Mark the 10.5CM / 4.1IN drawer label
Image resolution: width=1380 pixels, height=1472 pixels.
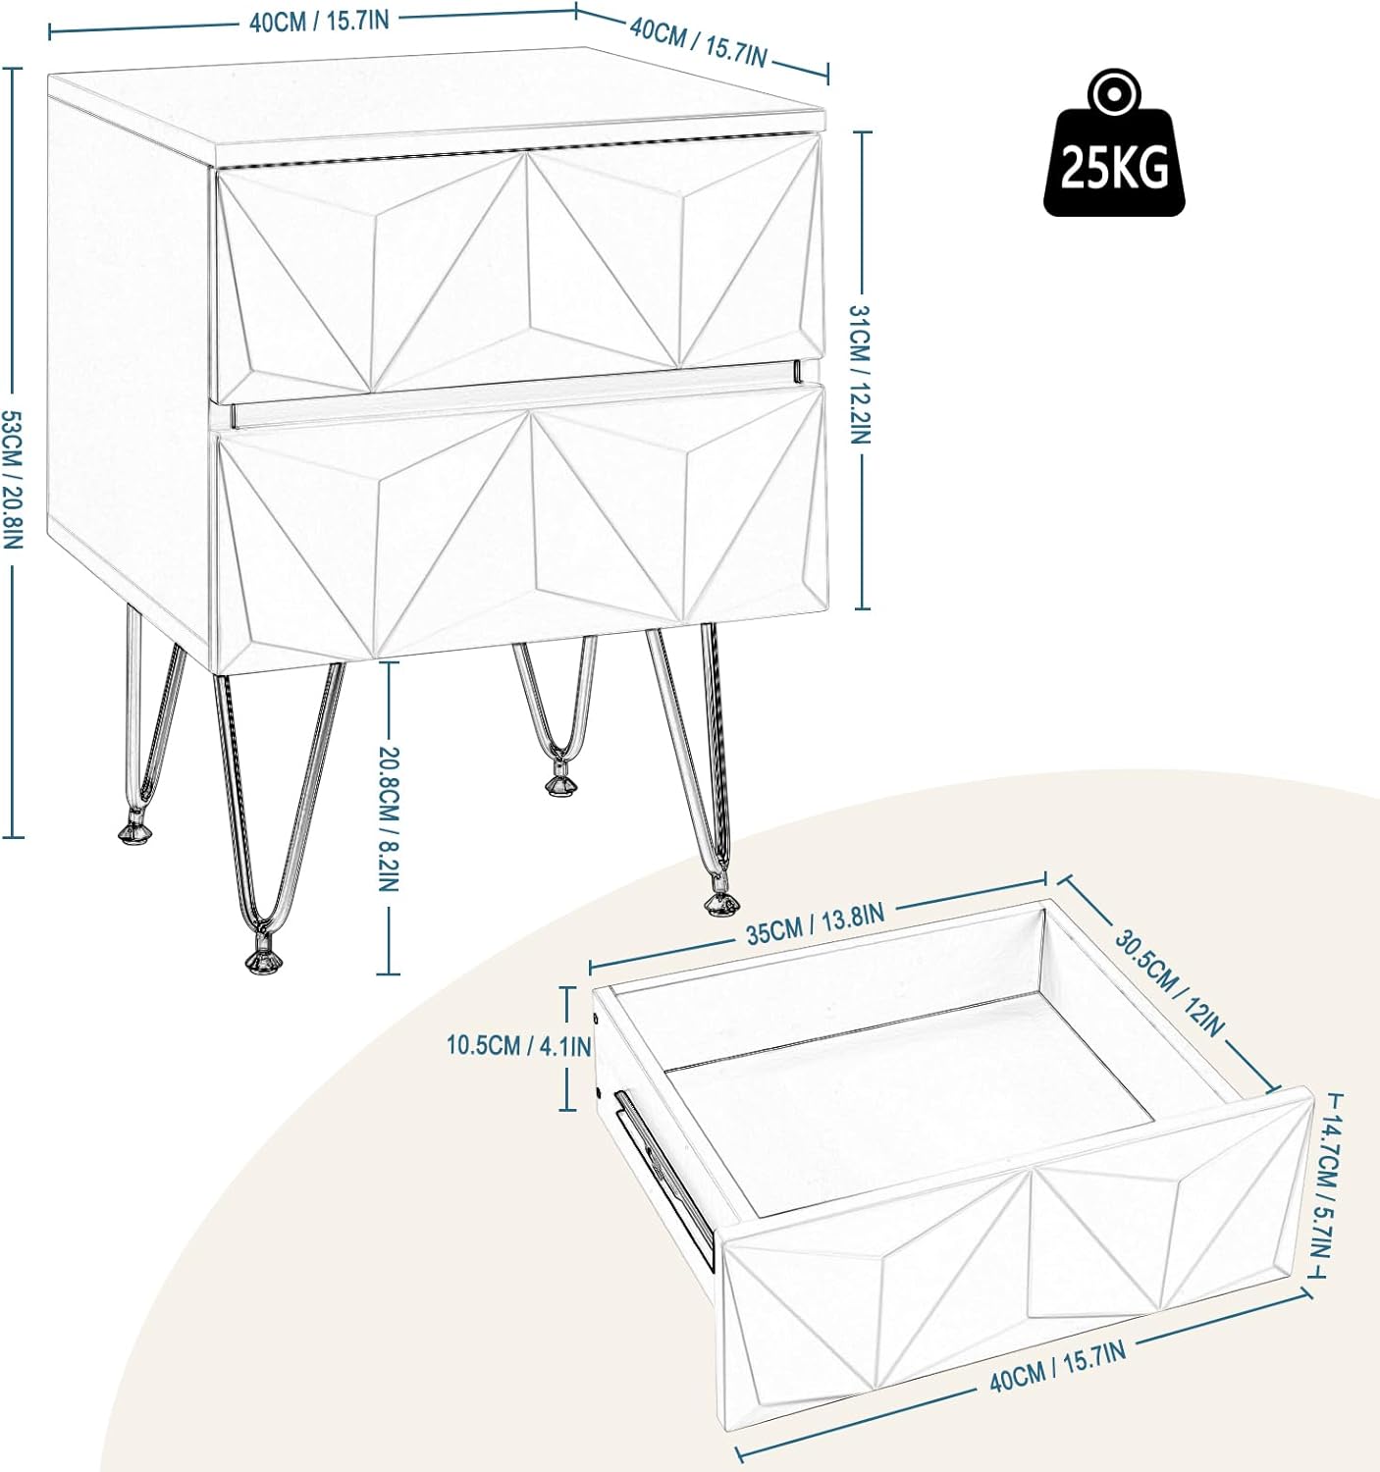click(518, 1046)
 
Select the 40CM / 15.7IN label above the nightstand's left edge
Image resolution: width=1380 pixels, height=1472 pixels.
click(320, 23)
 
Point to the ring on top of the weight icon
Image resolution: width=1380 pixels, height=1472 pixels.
click(1113, 95)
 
